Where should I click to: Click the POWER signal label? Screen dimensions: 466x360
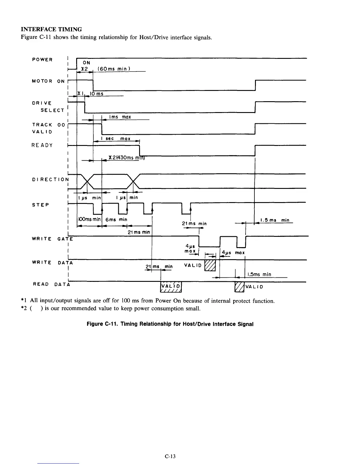[x=42, y=60]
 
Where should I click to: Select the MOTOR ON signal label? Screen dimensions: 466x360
[x=48, y=81]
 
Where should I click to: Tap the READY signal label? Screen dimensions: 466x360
[x=42, y=145]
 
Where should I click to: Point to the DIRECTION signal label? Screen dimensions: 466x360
[x=50, y=179]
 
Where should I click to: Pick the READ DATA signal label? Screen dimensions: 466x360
[x=52, y=284]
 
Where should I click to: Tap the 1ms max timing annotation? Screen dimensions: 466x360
[x=120, y=117]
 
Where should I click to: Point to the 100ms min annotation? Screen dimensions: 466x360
[x=89, y=219]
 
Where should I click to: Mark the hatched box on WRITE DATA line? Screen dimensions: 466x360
[x=210, y=266]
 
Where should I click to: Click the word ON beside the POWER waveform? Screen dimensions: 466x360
[x=86, y=63]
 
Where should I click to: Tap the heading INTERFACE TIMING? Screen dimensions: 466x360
[x=51, y=29]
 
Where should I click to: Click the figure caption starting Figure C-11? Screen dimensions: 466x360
[x=170, y=324]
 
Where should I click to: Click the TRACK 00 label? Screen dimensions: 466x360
[x=48, y=125]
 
